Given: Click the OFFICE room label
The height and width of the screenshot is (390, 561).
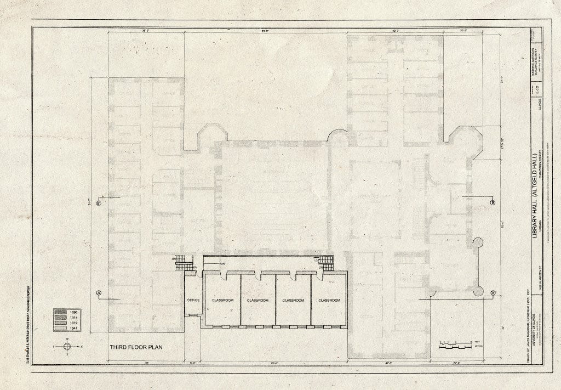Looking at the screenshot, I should coord(193,300).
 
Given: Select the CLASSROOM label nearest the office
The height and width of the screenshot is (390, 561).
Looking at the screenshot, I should coord(222,300).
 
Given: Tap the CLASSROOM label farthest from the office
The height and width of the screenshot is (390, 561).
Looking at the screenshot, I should coord(329,300).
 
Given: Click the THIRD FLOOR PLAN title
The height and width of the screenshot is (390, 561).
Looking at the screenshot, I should coord(136,347).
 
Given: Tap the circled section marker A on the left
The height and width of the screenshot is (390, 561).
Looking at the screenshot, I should coord(99,292).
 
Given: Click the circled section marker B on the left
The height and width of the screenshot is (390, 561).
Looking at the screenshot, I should coord(99,203).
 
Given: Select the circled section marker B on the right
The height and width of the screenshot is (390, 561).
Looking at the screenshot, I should coord(493,202).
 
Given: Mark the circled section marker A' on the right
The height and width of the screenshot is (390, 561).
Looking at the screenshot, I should coord(493,292).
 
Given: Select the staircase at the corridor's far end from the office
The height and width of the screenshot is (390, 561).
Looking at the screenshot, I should coord(325,262).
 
